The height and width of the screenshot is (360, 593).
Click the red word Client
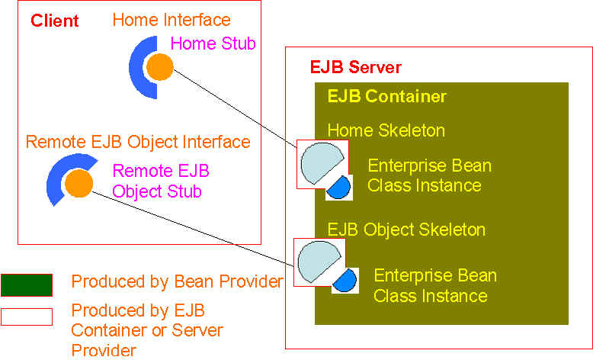click(x=54, y=21)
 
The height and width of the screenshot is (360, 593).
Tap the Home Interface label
click(x=171, y=20)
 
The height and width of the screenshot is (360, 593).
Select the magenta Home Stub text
click(x=213, y=43)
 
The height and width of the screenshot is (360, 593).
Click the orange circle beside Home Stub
click(x=159, y=67)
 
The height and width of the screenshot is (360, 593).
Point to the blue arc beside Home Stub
click(x=136, y=67)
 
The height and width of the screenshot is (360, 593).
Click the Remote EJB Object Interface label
click(x=138, y=142)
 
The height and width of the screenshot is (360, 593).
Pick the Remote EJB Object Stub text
click(x=160, y=181)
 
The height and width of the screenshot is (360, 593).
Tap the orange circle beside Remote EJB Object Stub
click(x=79, y=184)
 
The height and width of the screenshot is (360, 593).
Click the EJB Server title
click(x=355, y=67)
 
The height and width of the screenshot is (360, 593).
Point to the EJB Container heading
click(x=387, y=96)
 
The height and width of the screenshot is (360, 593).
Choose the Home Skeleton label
click(x=386, y=130)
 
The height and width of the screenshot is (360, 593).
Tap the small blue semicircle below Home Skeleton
click(x=341, y=188)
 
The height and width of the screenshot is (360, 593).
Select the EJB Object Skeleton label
click(x=406, y=230)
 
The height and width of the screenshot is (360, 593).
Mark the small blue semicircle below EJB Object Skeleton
click(x=346, y=281)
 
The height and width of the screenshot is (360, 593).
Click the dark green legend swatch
click(x=27, y=285)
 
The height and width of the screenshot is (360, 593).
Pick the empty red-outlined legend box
click(x=27, y=317)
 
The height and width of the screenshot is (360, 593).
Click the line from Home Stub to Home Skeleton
click(x=236, y=108)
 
